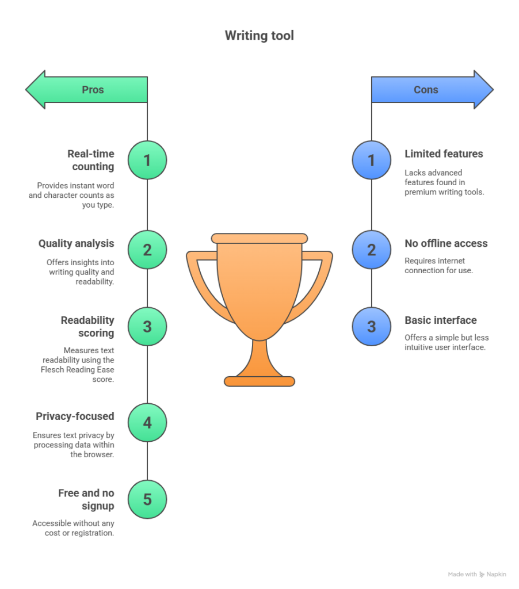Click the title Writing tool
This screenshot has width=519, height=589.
click(259, 36)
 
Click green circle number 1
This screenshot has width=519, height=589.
click(147, 160)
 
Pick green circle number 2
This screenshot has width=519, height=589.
click(147, 250)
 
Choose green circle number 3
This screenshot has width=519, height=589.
click(147, 327)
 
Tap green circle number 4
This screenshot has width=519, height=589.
click(147, 423)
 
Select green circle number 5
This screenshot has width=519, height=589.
click(147, 499)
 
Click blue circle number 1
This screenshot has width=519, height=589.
click(371, 160)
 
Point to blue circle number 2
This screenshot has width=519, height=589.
click(371, 250)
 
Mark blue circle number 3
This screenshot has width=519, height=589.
click(371, 327)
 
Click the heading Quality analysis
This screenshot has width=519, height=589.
click(76, 244)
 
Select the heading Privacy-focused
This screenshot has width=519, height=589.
click(75, 416)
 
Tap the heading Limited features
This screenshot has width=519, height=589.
click(444, 154)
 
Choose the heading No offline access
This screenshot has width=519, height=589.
click(446, 244)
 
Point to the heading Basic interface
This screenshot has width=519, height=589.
click(440, 320)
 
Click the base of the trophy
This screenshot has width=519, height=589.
click(259, 381)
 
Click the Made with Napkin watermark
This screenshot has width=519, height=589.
click(477, 574)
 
